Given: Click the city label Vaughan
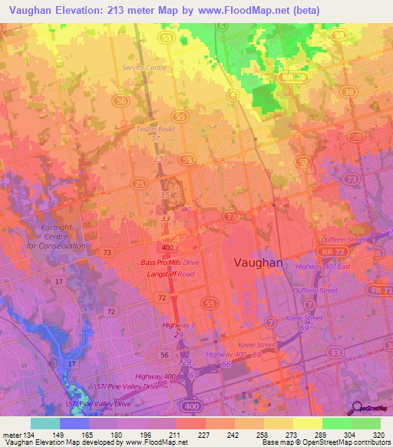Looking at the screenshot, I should point(257,262).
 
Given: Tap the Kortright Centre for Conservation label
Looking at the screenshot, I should point(48,238).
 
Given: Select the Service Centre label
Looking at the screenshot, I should point(144,68).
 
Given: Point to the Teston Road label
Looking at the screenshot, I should point(156,129).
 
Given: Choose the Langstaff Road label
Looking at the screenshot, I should point(170,273).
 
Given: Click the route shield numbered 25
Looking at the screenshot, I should point(139,184).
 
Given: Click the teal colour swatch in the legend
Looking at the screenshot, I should point(45,423).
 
